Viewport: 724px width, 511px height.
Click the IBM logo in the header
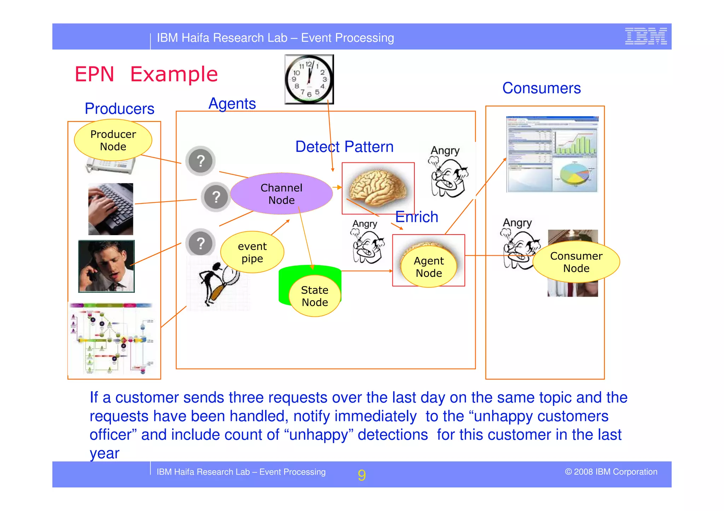(646, 36)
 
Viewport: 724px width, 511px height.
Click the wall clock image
(309, 79)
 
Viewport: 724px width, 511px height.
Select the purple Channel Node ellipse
(281, 194)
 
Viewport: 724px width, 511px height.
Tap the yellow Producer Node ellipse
(113, 140)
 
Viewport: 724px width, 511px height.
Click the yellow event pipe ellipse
(252, 252)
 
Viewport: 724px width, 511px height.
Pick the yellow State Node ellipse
(315, 296)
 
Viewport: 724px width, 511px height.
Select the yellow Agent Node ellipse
(428, 267)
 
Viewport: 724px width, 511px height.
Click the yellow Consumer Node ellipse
(576, 262)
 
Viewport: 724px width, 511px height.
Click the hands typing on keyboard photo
(111, 209)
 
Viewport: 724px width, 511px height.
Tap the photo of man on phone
(106, 266)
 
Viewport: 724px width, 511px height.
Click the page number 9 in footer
(361, 475)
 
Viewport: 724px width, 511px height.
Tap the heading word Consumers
(541, 88)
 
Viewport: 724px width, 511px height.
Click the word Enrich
(416, 217)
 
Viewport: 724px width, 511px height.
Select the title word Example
(174, 74)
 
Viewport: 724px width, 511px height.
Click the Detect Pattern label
(344, 147)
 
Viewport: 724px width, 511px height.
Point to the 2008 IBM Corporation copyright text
(611, 472)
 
